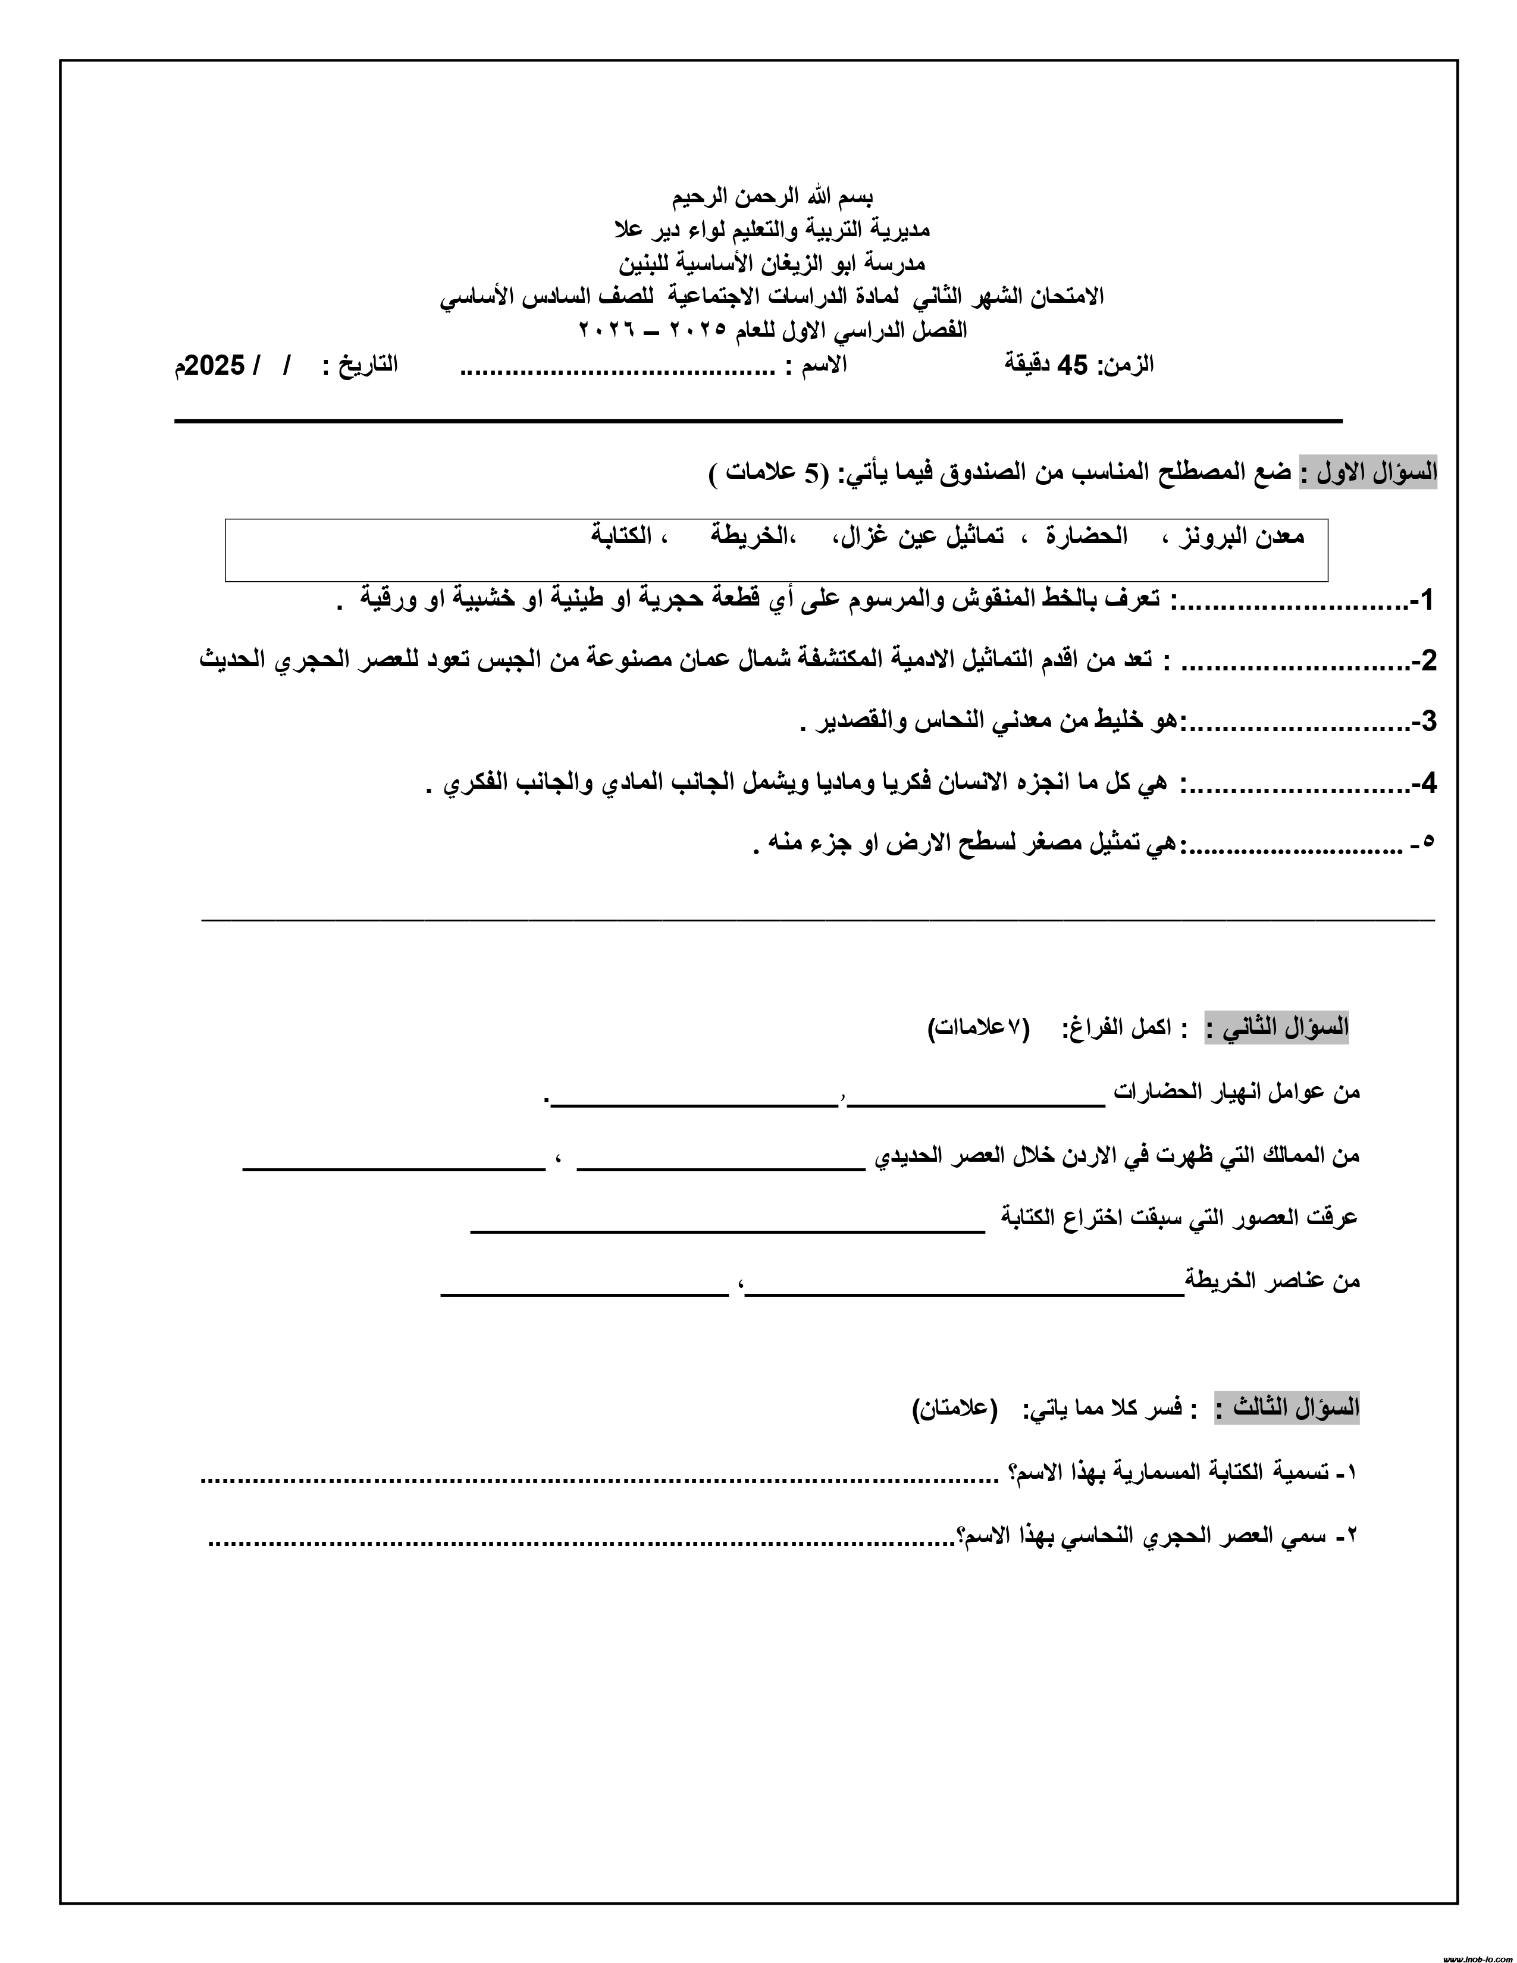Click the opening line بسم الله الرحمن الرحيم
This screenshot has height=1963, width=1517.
pyautogui.click(x=772, y=196)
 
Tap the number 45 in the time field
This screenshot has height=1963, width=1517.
pyautogui.click(x=1072, y=364)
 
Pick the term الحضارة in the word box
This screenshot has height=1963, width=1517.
pyautogui.click(x=1086, y=537)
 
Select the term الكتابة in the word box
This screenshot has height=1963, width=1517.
pyautogui.click(x=621, y=537)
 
